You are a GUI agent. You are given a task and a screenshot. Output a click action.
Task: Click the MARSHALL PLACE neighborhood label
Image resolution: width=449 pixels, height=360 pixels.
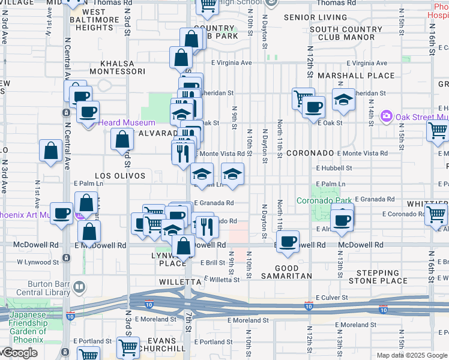coord(356,76)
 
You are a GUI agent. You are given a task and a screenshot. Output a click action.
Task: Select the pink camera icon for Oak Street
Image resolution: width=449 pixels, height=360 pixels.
coord(387,115)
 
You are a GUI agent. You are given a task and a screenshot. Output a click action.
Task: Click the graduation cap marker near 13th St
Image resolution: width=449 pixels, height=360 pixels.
coord(343,100)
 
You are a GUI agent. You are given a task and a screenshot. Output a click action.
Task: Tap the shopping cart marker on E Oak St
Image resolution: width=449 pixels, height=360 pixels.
coord(438,130)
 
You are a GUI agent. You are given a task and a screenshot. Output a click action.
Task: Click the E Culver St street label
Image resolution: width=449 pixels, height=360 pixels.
coord(331,298)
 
